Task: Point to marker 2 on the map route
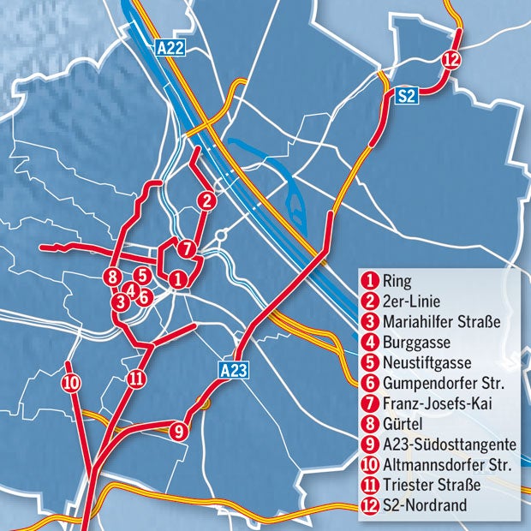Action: pos(206,201)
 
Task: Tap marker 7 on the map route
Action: pos(189,249)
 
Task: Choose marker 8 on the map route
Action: pos(110,277)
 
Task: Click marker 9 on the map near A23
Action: pos(179,431)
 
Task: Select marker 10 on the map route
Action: pos(71,383)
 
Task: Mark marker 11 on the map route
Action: pos(137,379)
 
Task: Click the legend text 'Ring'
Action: pos(397,280)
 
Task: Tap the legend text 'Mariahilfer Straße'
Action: pos(441,321)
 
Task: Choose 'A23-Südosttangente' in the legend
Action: pos(449,444)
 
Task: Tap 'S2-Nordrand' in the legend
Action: pos(426,506)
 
